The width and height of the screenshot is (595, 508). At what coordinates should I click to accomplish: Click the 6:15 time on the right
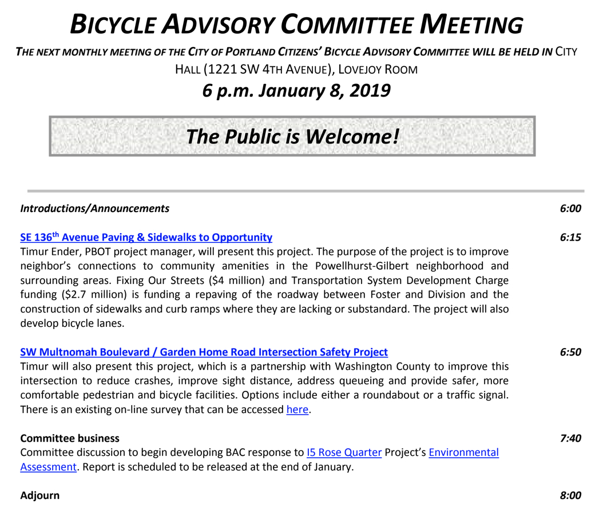pyautogui.click(x=570, y=237)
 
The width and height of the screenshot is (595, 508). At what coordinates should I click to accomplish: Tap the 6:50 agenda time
pyautogui.click(x=570, y=352)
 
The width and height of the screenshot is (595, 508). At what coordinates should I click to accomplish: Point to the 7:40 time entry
pyautogui.click(x=570, y=438)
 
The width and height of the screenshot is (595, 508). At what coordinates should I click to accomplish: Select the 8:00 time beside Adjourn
pyautogui.click(x=570, y=495)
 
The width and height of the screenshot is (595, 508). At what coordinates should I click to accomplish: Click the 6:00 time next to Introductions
pyautogui.click(x=570, y=209)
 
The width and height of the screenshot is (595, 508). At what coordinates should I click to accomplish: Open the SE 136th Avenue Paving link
pyautogui.click(x=146, y=237)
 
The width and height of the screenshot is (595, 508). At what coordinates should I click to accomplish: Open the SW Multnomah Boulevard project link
pyautogui.click(x=204, y=352)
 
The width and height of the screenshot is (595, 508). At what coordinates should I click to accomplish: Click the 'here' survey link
pyautogui.click(x=297, y=410)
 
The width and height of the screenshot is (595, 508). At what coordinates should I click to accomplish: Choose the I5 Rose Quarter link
pyautogui.click(x=344, y=453)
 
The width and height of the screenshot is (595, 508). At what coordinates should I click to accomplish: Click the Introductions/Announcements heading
pyautogui.click(x=94, y=209)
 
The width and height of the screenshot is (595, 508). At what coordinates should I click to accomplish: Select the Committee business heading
pyautogui.click(x=70, y=438)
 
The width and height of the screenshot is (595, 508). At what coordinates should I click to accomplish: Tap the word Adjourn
pyautogui.click(x=39, y=495)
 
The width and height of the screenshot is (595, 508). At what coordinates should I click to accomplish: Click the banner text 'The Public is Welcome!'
pyautogui.click(x=292, y=136)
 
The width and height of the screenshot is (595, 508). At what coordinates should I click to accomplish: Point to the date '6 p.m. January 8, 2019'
pyautogui.click(x=296, y=90)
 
